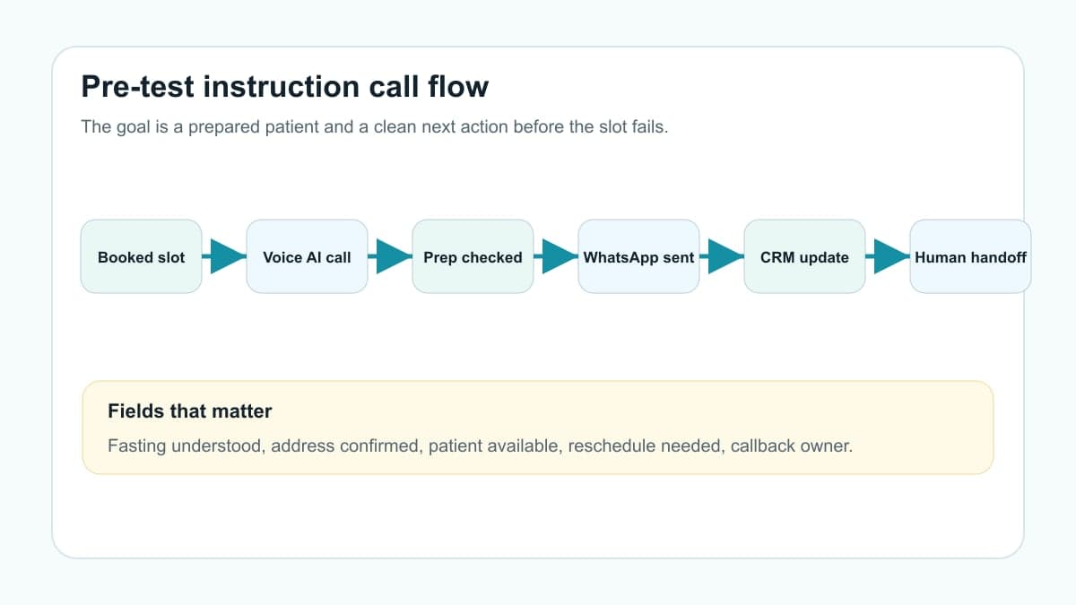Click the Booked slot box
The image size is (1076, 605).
[142, 256]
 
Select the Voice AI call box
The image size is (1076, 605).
[307, 256]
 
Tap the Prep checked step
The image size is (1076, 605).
[473, 256]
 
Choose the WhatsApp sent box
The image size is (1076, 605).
[638, 256]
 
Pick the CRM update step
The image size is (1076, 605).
[804, 256]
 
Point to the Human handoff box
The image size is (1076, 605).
[970, 256]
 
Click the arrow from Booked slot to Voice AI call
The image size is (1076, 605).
[224, 256]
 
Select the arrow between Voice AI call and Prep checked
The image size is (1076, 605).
[390, 256]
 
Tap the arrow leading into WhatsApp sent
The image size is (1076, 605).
[556, 256]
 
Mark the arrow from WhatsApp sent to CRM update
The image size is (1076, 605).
[722, 256]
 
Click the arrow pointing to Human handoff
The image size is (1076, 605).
[888, 256]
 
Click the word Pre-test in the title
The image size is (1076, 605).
[137, 87]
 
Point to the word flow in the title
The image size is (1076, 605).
[458, 86]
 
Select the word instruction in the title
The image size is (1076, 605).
[281, 86]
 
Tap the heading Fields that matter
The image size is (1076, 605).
[190, 411]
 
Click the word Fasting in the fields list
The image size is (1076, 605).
[137, 446]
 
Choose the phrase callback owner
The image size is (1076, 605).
[791, 446]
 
